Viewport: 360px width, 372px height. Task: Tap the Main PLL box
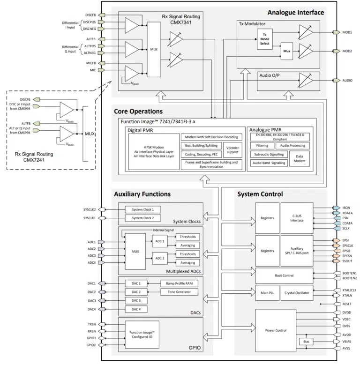[267, 293]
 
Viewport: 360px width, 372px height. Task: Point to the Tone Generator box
[180, 292]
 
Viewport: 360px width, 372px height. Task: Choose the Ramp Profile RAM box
[180, 283]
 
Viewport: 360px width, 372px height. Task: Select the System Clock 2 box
[146, 217]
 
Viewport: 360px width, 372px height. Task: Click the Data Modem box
[299, 160]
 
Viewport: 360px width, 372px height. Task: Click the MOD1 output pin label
[347, 32]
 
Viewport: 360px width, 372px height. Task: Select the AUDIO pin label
[348, 81]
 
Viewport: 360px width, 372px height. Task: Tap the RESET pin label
[347, 304]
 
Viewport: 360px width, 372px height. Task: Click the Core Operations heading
[138, 112]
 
